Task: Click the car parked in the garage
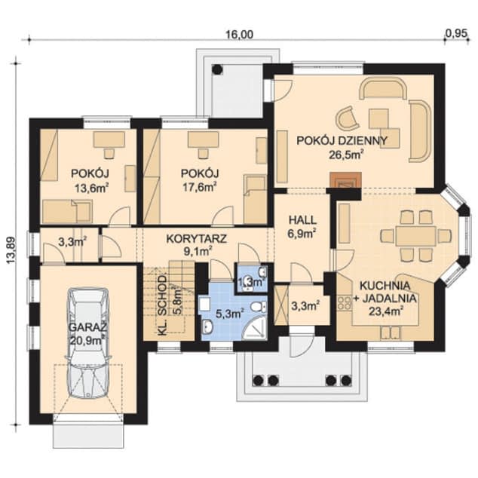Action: coord(88,342)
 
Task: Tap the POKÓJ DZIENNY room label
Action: coord(342,140)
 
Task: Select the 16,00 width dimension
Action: coord(239,35)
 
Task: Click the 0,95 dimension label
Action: coord(456,33)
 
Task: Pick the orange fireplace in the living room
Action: coord(346,180)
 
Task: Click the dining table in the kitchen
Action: coord(415,236)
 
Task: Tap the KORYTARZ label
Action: coord(197,239)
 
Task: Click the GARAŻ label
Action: coord(88,328)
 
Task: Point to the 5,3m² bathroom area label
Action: coord(230,314)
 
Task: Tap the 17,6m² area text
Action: coord(200,187)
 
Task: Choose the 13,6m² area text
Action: coord(92,188)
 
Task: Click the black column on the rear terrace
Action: coord(217,69)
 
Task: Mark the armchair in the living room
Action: coord(348,118)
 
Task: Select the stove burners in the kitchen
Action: coord(344,303)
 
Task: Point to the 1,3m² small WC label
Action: coord(250,282)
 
